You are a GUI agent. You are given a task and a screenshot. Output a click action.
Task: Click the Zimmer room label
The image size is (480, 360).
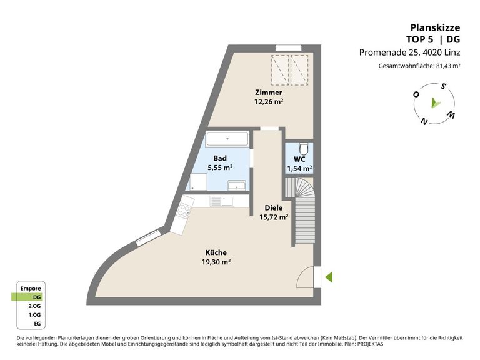[269, 92]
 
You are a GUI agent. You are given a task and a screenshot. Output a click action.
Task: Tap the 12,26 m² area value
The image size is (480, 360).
[269, 102]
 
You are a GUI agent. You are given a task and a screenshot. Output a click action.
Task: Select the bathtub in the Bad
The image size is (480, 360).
[227, 139]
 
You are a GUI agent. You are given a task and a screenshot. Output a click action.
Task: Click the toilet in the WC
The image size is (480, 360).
[304, 149]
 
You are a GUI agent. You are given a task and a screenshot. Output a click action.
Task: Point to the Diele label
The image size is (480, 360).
[274, 208]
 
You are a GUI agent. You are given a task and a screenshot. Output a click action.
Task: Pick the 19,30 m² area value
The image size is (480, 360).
[216, 262]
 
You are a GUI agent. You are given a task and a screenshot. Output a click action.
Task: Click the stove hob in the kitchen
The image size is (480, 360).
[184, 210]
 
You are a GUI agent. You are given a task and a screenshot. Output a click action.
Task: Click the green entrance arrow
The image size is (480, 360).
[329, 277]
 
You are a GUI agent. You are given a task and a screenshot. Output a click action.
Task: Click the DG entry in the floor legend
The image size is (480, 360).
[37, 297]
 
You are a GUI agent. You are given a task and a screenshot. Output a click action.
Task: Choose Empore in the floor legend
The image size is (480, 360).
[31, 288]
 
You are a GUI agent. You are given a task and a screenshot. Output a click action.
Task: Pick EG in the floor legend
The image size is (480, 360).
[37, 324]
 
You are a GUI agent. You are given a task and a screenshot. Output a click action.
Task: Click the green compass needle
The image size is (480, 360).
[435, 103]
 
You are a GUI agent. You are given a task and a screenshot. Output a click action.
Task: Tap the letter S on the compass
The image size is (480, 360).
[443, 87]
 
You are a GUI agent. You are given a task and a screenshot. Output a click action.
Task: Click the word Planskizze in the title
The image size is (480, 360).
[435, 27]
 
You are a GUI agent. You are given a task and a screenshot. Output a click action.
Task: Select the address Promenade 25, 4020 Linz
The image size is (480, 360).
[409, 52]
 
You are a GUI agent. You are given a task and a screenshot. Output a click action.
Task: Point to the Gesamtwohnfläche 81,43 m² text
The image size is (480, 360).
[419, 66]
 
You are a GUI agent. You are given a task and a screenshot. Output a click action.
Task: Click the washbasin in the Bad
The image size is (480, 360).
[237, 185]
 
